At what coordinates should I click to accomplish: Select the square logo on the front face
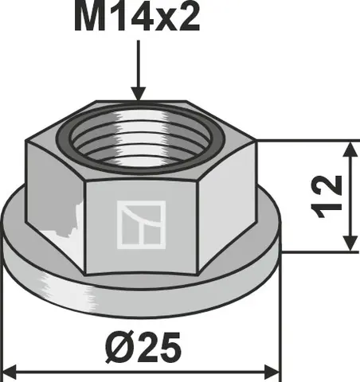coord(141,224)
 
